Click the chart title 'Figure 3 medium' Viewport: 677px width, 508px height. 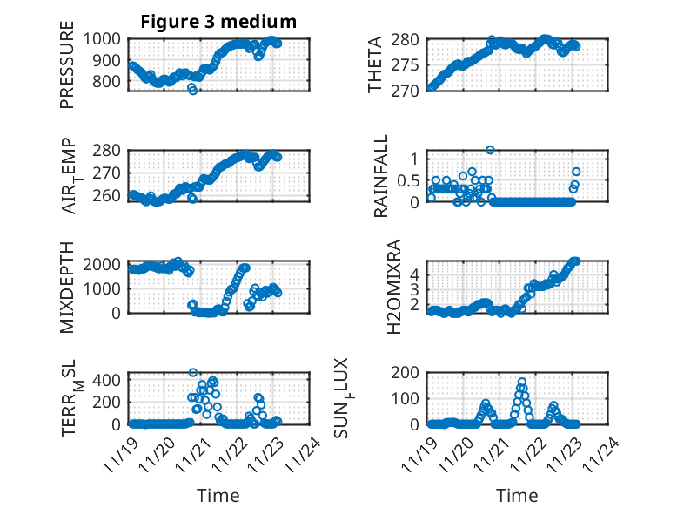pyautogui.click(x=218, y=22)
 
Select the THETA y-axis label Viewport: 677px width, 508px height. pyautogui.click(x=375, y=66)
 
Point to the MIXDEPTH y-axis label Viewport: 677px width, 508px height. pyautogui.click(x=67, y=288)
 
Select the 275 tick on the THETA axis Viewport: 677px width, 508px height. pyautogui.click(x=407, y=65)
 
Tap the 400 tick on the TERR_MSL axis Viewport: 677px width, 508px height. pyautogui.click(x=110, y=379)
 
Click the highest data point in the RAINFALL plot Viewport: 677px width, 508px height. pyautogui.click(x=490, y=150)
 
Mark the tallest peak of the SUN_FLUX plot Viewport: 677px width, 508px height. pyautogui.click(x=522, y=382)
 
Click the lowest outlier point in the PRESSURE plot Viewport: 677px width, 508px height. pyautogui.click(x=193, y=91)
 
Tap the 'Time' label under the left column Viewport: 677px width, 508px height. pyautogui.click(x=218, y=496)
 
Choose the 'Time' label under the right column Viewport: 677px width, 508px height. pyautogui.click(x=517, y=496)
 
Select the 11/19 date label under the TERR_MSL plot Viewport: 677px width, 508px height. pyautogui.click(x=117, y=454)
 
